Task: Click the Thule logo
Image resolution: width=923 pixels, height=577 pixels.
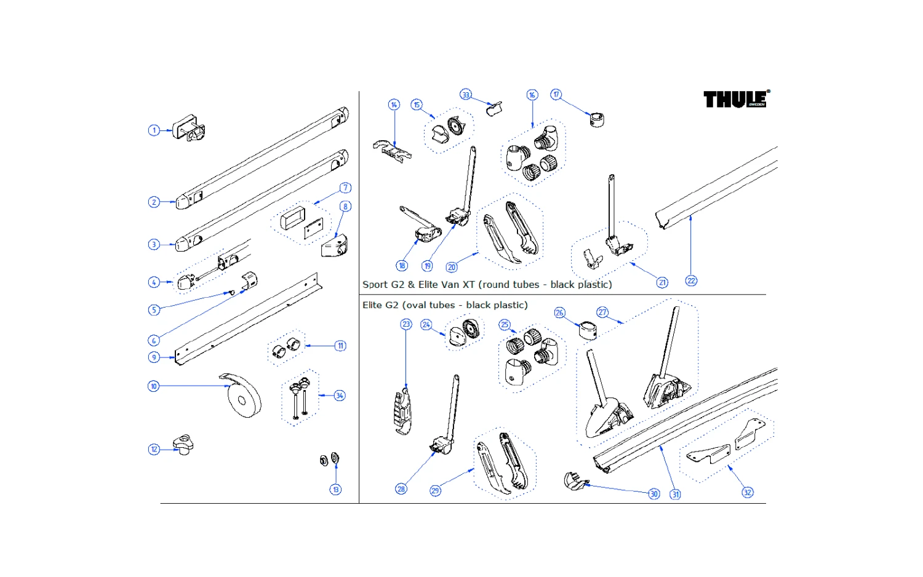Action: coord(735,99)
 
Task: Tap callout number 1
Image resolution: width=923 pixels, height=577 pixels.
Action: coord(154,130)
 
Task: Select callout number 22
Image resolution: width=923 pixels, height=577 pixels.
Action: coord(691,281)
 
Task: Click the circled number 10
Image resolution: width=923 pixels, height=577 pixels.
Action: coord(154,386)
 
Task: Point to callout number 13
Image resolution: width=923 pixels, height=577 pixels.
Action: coord(335,490)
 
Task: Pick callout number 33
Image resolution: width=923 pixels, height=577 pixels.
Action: coord(466,95)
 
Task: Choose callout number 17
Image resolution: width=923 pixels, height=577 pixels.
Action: coord(556,95)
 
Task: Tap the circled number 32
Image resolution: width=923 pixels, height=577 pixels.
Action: coord(748,493)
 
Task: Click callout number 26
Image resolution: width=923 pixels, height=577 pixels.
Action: coord(559,313)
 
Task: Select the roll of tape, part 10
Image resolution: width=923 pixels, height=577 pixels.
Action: coord(244,399)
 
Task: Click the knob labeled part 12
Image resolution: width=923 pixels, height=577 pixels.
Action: coord(183,444)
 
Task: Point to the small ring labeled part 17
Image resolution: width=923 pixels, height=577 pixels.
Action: coord(596,119)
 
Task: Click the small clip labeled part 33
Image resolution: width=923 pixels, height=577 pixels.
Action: coord(495,109)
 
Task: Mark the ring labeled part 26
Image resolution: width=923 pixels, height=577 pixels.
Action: coord(588,330)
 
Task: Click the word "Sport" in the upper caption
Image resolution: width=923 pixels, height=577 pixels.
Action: coord(375,285)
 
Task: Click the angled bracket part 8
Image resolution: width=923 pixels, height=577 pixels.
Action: coord(335,246)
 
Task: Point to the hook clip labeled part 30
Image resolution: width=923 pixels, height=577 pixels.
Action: coord(575,481)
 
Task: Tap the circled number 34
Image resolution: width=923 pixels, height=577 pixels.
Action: coord(340,396)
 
